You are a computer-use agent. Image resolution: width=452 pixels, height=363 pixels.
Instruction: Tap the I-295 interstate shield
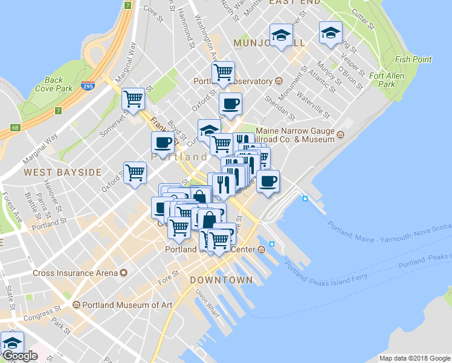88,87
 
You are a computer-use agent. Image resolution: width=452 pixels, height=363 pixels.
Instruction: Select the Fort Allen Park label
387,80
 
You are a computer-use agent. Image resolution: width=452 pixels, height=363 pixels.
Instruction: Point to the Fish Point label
413,59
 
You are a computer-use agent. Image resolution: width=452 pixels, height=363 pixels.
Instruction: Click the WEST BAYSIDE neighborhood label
63,172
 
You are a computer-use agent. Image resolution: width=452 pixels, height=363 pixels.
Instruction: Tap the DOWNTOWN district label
221,280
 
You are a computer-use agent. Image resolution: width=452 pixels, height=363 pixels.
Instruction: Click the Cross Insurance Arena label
75,273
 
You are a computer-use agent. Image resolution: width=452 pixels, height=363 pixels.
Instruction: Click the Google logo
19,356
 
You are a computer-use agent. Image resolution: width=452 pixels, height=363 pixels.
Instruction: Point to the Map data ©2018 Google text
415,358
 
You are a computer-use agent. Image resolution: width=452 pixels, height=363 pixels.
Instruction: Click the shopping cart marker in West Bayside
135,172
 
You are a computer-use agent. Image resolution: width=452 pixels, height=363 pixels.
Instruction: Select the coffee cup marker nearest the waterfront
268,180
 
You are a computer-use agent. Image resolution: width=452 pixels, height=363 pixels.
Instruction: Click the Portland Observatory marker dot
279,81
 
